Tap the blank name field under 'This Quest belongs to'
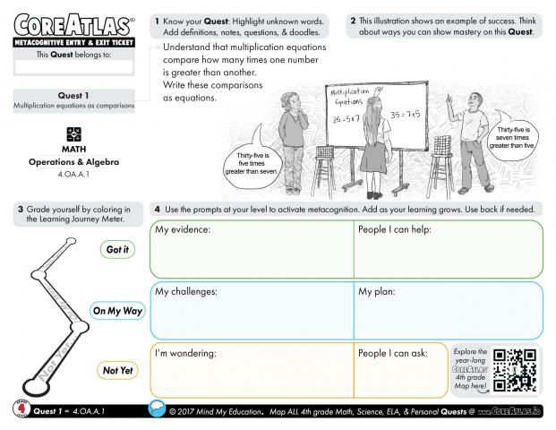73,66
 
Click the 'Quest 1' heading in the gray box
73,96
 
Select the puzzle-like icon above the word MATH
73,133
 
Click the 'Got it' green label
117,250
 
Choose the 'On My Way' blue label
117,311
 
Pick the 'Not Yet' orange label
117,370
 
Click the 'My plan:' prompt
378,292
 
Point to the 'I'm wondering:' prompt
186,353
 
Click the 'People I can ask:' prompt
393,353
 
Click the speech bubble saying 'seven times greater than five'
515,140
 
